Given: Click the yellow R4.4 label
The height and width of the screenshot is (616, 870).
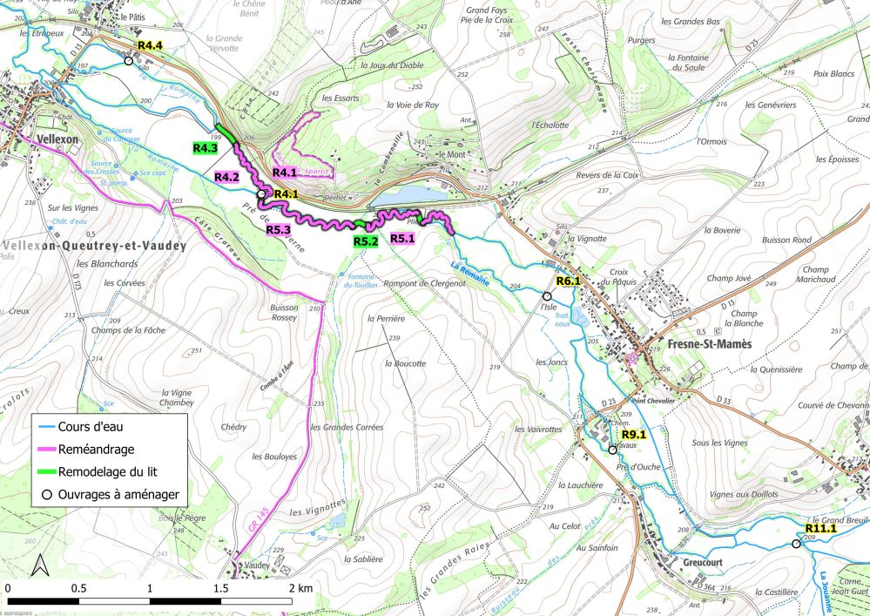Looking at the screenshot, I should pyautogui.click(x=150, y=44).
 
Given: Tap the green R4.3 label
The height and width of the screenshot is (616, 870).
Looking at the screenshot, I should pyautogui.click(x=206, y=148).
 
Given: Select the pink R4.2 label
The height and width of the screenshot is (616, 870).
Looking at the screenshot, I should pyautogui.click(x=226, y=178).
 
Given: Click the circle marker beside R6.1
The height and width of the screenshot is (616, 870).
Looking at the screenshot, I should pyautogui.click(x=547, y=296).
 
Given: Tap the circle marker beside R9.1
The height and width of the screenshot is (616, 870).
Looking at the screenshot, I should pyautogui.click(x=612, y=450).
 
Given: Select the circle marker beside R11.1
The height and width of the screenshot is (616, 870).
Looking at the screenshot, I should pyautogui.click(x=795, y=544).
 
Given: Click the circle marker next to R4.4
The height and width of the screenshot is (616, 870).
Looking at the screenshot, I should pyautogui.click(x=128, y=61).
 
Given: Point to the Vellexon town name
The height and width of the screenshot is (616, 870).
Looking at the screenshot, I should pyautogui.click(x=58, y=139).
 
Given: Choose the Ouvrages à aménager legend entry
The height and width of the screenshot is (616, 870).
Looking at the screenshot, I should pyautogui.click(x=118, y=494).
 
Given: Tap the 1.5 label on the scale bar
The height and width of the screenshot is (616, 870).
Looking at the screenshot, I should pyautogui.click(x=221, y=589).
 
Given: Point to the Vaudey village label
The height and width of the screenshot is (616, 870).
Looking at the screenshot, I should pyautogui.click(x=257, y=565).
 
